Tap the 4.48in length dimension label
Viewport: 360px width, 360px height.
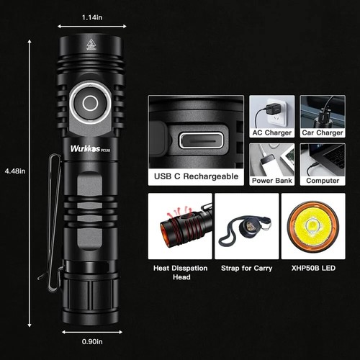pos(14,171)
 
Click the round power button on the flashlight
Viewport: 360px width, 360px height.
pos(90,104)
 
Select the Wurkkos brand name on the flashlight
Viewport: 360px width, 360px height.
pos(85,150)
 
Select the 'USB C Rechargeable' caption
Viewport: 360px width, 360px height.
pos(195,175)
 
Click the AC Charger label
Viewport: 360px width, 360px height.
pos(271,132)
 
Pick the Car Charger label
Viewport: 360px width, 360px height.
pos(321,132)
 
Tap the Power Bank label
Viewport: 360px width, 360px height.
pos(271,181)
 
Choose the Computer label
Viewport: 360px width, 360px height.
pos(321,181)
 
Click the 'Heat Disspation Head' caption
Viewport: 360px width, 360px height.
pos(181,272)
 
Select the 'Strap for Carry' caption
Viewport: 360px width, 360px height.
pos(246,269)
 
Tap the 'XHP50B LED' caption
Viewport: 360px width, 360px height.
pos(313,269)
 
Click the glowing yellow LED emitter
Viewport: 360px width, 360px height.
pos(314,226)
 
